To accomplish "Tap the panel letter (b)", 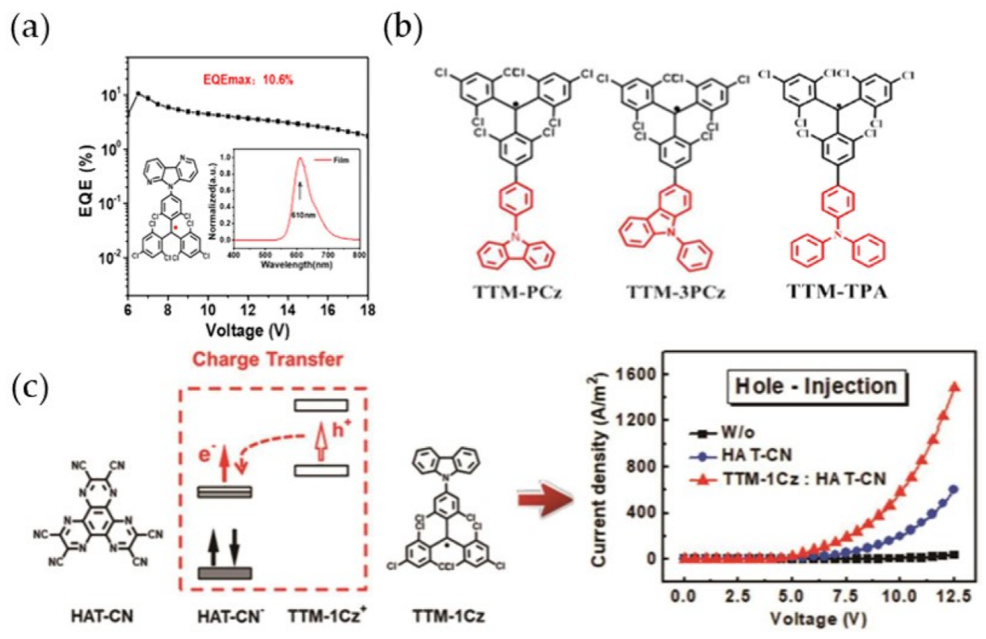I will click(402, 29).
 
